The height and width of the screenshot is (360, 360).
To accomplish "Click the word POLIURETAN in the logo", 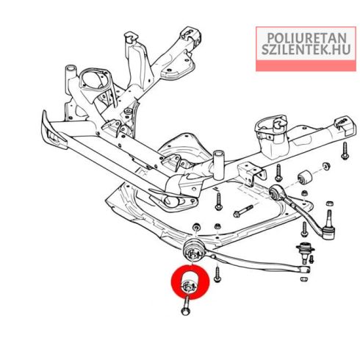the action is (306, 37).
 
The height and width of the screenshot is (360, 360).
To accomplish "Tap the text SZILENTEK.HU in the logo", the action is (306, 49).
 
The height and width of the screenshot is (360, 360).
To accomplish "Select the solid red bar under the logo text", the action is (306, 65).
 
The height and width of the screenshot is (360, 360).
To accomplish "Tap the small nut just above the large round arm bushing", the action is (196, 227).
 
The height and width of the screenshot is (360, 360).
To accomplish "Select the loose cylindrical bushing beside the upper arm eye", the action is (305, 177).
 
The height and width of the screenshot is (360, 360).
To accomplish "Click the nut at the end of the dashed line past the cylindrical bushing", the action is (326, 166).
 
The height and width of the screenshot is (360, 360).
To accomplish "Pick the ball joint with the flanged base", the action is (305, 251).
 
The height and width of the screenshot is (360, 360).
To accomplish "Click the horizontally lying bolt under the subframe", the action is (242, 211).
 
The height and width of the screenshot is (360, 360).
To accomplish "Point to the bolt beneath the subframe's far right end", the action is (345, 151).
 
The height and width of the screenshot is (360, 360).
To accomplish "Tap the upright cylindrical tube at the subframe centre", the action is (219, 165).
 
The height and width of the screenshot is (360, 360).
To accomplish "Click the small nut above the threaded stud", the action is (329, 204).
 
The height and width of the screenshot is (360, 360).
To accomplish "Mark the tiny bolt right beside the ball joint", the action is (312, 259).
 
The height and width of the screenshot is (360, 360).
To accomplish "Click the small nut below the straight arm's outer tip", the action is (304, 279).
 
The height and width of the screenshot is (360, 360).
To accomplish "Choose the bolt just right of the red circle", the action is (217, 274).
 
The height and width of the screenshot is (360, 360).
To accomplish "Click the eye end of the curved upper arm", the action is (276, 191).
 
